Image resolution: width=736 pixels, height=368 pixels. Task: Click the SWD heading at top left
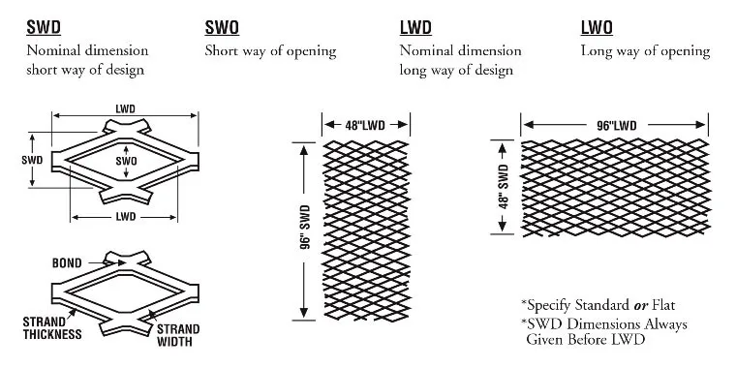pyautogui.click(x=44, y=28)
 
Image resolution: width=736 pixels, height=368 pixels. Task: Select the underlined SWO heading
pyautogui.click(x=222, y=28)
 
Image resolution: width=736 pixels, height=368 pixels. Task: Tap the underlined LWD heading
pyautogui.click(x=416, y=28)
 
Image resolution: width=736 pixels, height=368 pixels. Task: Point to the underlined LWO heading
pyautogui.click(x=597, y=28)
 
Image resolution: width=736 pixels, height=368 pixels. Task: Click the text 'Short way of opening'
pyautogui.click(x=270, y=50)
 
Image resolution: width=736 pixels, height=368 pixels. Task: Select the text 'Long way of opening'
pyautogui.click(x=645, y=50)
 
